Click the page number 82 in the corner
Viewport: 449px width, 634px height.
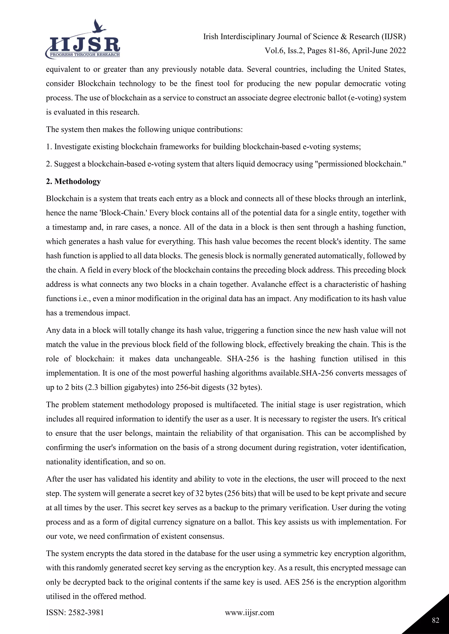click(435, 620)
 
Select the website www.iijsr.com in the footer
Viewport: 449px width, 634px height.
click(249, 613)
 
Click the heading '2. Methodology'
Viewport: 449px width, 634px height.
click(73, 181)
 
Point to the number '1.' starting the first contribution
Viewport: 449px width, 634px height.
click(49, 147)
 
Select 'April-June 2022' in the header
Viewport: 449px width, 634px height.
click(379, 51)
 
